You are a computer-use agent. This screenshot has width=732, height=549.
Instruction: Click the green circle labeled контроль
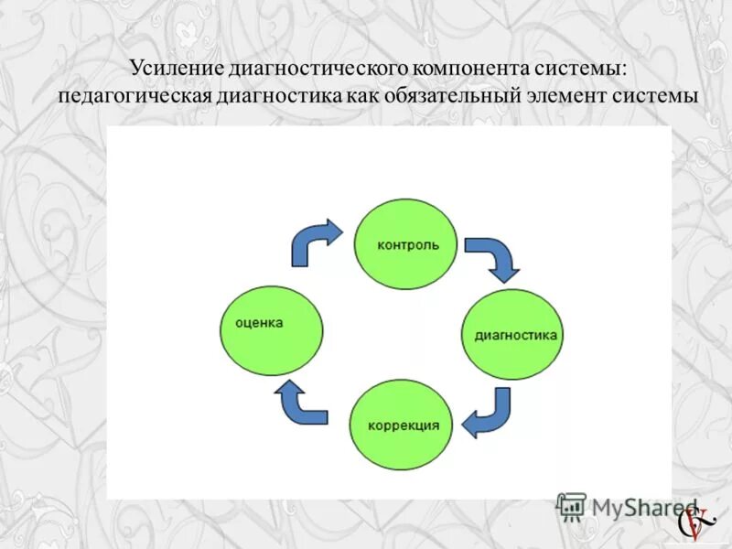pyautogui.click(x=406, y=244)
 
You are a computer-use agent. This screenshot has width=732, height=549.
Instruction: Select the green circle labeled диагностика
pyautogui.click(x=512, y=335)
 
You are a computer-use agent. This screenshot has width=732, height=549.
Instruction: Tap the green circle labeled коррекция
pyautogui.click(x=401, y=425)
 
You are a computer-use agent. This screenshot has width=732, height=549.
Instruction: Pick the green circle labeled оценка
pyautogui.click(x=272, y=330)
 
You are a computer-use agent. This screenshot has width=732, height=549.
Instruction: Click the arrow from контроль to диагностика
pyautogui.click(x=493, y=257)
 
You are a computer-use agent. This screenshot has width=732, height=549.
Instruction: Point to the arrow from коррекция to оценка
pyautogui.click(x=299, y=404)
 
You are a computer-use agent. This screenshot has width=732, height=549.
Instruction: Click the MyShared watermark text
pyautogui.click(x=641, y=506)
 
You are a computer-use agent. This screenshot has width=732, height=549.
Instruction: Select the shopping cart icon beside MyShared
pyautogui.click(x=571, y=506)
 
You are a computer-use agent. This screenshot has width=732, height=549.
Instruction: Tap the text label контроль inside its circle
pyautogui.click(x=408, y=245)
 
